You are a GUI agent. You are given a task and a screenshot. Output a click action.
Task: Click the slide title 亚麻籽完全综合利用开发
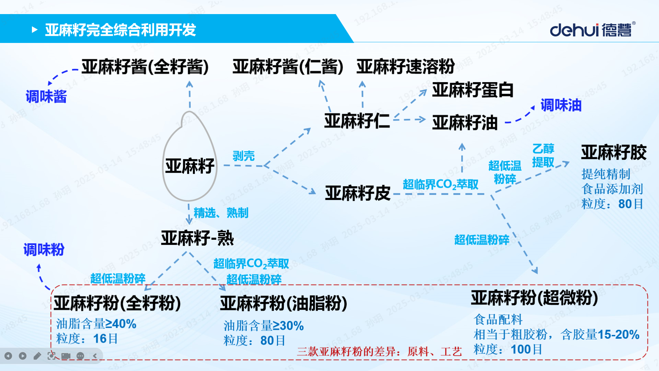(120, 30)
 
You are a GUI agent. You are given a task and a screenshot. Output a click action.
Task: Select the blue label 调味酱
(46, 97)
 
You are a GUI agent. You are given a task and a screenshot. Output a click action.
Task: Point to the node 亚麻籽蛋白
(473, 90)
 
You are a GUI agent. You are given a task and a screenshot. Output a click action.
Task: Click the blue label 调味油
(561, 105)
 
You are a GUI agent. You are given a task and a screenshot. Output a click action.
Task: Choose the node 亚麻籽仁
(357, 121)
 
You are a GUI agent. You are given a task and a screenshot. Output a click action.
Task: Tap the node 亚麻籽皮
(358, 193)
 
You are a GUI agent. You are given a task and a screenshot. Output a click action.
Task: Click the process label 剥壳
(244, 156)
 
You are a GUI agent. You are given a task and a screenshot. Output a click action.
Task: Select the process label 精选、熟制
(221, 213)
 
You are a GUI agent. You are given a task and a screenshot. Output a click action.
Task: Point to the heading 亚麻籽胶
(614, 152)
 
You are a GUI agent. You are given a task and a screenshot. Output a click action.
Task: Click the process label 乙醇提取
(543, 155)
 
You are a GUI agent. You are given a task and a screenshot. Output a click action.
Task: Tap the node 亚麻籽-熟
(197, 238)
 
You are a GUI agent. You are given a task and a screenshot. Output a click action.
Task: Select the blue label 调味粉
(44, 250)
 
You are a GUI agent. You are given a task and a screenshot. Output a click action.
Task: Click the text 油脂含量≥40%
(96, 324)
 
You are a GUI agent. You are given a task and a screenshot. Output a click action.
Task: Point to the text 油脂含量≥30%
(264, 326)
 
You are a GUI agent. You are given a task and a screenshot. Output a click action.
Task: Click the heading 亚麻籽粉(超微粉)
(534, 297)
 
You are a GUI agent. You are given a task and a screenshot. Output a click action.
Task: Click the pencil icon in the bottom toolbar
(37, 356)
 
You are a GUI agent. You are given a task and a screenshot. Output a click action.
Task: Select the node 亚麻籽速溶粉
(406, 66)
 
